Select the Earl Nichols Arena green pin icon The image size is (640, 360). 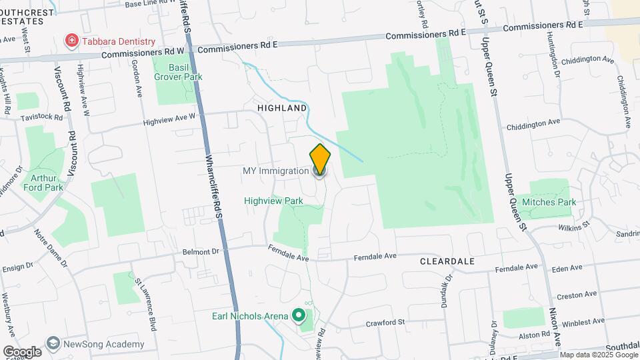coord(299,315)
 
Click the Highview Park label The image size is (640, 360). coord(273,201)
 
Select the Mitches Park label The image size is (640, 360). coord(549,202)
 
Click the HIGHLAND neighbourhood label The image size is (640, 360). coord(283,108)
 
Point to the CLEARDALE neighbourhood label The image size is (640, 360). coord(447,261)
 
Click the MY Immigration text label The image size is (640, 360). coord(275,171)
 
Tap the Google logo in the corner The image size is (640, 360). coord(22,351)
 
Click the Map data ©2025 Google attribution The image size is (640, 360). coord(598,355)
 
